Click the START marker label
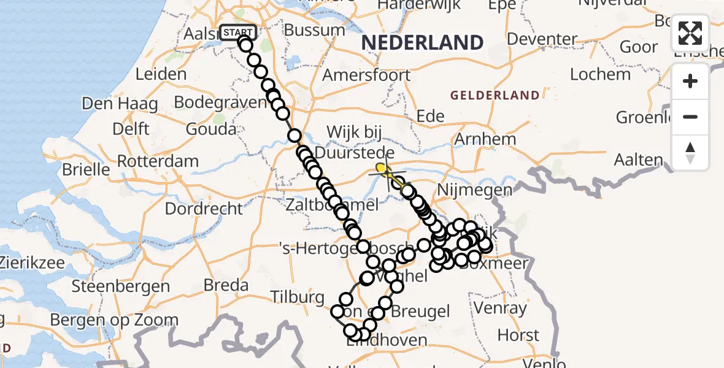point(238,33)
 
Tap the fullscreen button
point(690,33)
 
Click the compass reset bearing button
point(690,153)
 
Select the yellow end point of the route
point(381,167)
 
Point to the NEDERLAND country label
point(422,43)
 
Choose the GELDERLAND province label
point(495,96)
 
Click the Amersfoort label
point(367,75)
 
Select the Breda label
point(226,285)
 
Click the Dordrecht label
point(204,209)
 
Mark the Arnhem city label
point(485,139)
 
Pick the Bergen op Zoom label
point(114,320)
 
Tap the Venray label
point(500,308)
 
